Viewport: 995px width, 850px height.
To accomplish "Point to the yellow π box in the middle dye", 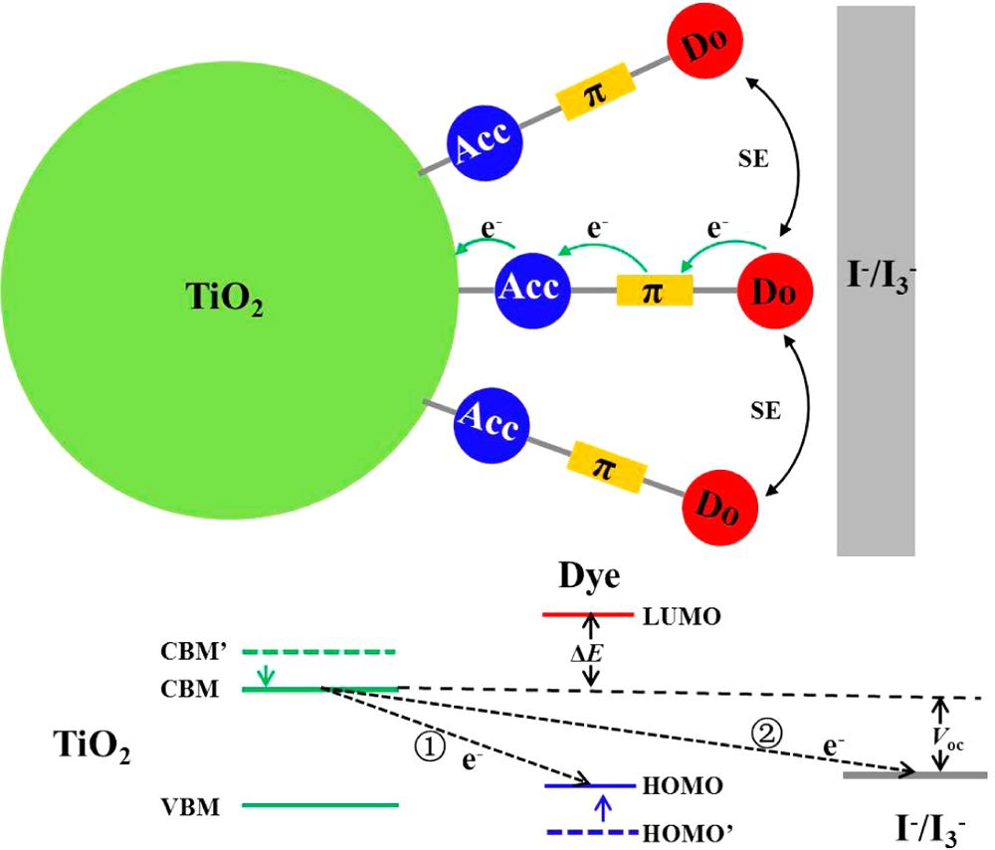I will click(654, 291).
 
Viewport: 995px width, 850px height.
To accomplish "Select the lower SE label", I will click(765, 410).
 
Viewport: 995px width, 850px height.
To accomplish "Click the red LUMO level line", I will click(587, 615).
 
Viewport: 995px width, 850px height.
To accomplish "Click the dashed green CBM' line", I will click(319, 652).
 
